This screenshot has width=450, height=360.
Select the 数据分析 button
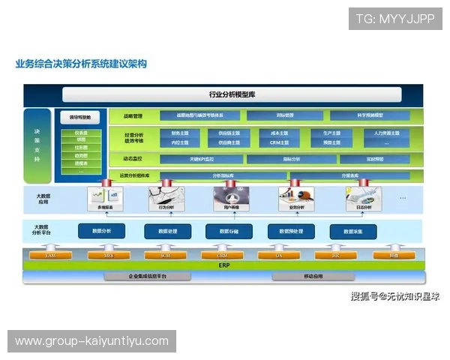pos(101,231)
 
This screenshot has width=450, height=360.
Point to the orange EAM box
pos(50,256)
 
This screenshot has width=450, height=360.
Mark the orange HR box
pos(335,256)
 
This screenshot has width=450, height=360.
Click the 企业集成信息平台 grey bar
pos(147,277)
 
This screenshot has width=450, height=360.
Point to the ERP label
pos(223,265)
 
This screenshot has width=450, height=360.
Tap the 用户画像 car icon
pos(228,197)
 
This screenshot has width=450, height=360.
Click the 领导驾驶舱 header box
pos(80,118)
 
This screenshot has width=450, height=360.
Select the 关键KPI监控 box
pos(201,159)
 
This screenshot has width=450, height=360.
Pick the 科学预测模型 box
pos(369,116)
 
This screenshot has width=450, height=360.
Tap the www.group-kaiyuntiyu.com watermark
pos(92,341)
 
